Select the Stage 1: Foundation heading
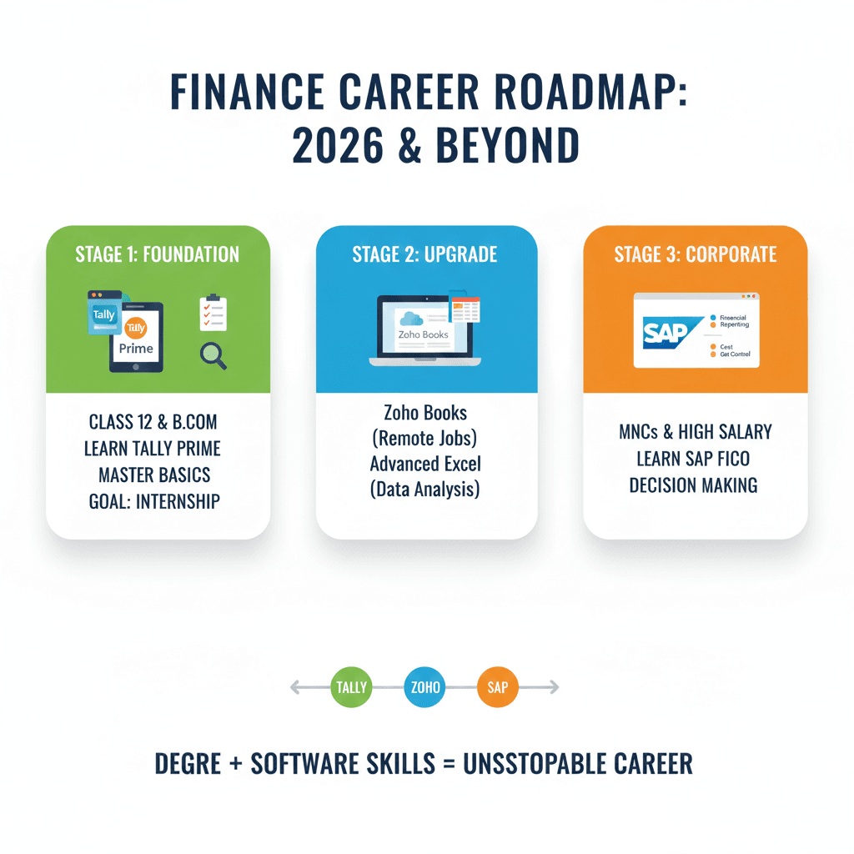[x=158, y=254]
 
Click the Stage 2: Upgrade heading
[x=426, y=254]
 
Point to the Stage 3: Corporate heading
[x=696, y=254]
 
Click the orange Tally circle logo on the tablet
[x=135, y=328]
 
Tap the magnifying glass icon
[x=213, y=356]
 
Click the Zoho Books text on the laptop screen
[x=423, y=334]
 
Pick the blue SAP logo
[x=665, y=332]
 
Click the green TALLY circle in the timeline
[x=352, y=688]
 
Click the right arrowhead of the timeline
[x=555, y=688]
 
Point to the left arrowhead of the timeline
[x=294, y=688]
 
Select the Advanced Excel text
[x=425, y=464]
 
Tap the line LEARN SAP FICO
[x=695, y=459]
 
